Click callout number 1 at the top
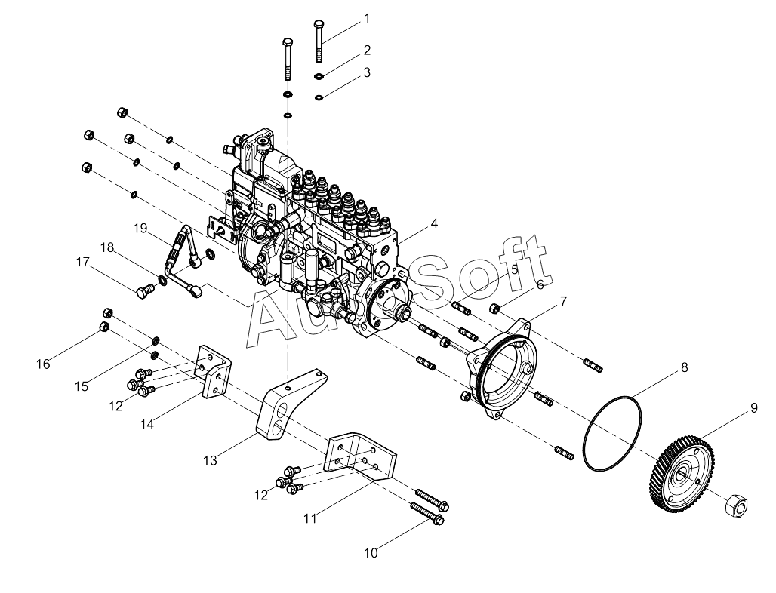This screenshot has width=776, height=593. pyautogui.click(x=367, y=18)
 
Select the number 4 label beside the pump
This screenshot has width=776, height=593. pyautogui.click(x=434, y=223)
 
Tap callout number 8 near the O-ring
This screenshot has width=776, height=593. pyautogui.click(x=685, y=367)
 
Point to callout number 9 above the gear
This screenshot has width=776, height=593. pyautogui.click(x=753, y=408)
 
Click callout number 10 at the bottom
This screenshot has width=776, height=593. pyautogui.click(x=371, y=553)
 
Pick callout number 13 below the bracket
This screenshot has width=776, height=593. pyautogui.click(x=210, y=460)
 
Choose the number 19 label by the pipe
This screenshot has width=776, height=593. pyautogui.click(x=140, y=228)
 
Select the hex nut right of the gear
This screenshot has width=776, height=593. pyautogui.click(x=736, y=505)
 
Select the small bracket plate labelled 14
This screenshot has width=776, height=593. pyautogui.click(x=215, y=371)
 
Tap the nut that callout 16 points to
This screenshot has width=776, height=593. pyautogui.click(x=104, y=327)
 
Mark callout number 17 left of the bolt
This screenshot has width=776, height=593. pyautogui.click(x=82, y=262)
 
